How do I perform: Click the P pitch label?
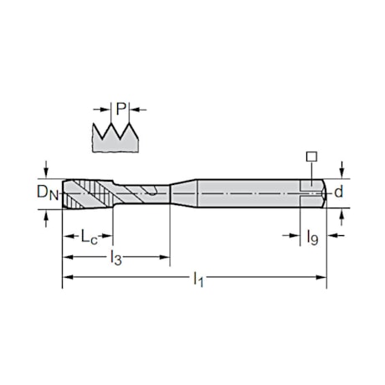(x=121, y=109)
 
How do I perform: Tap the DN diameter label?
(x=48, y=192)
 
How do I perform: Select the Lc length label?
(x=89, y=237)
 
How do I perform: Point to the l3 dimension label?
(x=116, y=258)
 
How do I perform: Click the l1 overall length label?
(x=198, y=278)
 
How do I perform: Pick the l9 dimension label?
(x=312, y=238)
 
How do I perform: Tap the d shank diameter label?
(x=338, y=192)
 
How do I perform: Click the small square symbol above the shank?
(x=311, y=157)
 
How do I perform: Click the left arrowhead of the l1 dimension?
(x=68, y=277)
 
